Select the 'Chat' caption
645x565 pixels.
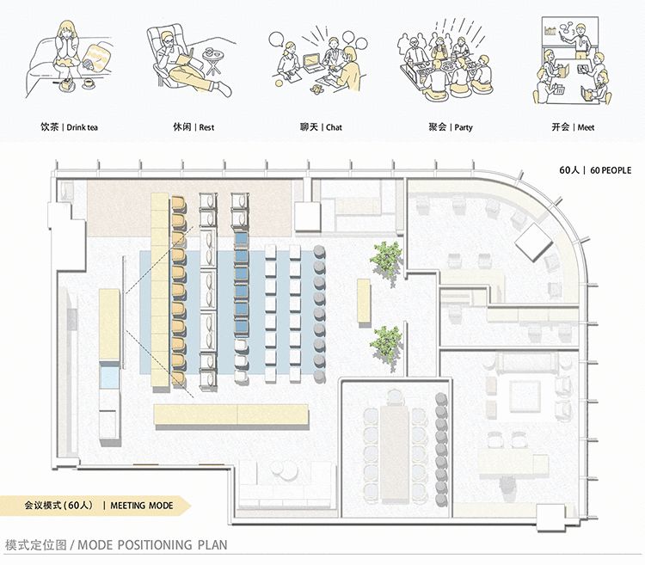[x=322, y=128]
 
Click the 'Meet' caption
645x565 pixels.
[x=574, y=128]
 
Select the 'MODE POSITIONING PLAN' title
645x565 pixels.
[x=116, y=545]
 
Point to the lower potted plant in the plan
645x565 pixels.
[x=386, y=342]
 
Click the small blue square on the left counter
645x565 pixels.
[x=108, y=377]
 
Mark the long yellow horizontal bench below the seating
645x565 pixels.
[x=231, y=415]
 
